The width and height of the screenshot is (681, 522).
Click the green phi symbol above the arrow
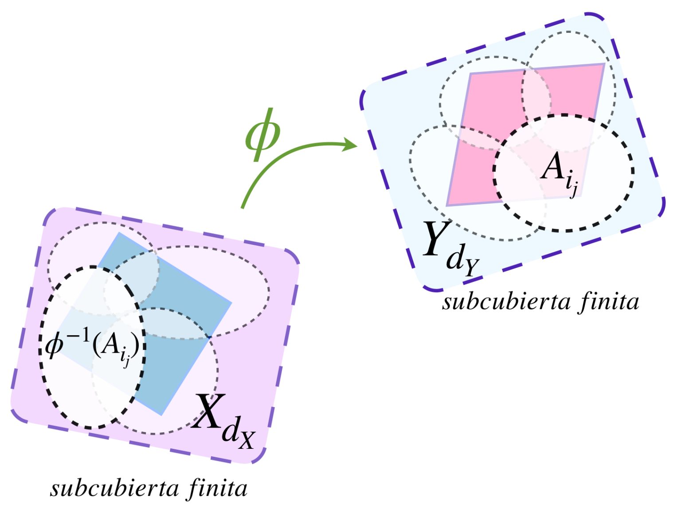coord(262,134)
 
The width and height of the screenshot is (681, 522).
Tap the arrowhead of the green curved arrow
coord(352,145)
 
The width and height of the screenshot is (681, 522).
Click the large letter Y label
coord(436,240)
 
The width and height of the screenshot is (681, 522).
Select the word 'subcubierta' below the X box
coord(114,489)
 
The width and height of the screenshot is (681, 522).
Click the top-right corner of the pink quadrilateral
coord(604,64)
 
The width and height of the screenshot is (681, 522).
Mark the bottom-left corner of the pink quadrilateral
coord(447,205)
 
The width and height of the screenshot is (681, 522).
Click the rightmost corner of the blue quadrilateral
coord(231,303)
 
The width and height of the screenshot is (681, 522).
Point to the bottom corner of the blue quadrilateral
coord(161,415)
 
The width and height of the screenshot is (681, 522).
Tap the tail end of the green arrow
coord(243,207)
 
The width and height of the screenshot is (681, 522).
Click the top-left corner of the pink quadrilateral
coord(470,73)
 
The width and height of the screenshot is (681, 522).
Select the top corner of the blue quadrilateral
coord(119,232)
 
